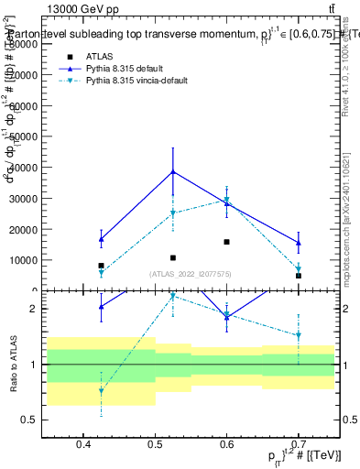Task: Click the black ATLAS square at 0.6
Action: coord(226,242)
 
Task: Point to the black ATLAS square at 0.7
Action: coord(298,276)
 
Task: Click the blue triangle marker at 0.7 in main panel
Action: coord(298,243)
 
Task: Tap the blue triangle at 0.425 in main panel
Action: coord(102,239)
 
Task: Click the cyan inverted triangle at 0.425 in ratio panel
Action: coord(102,391)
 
